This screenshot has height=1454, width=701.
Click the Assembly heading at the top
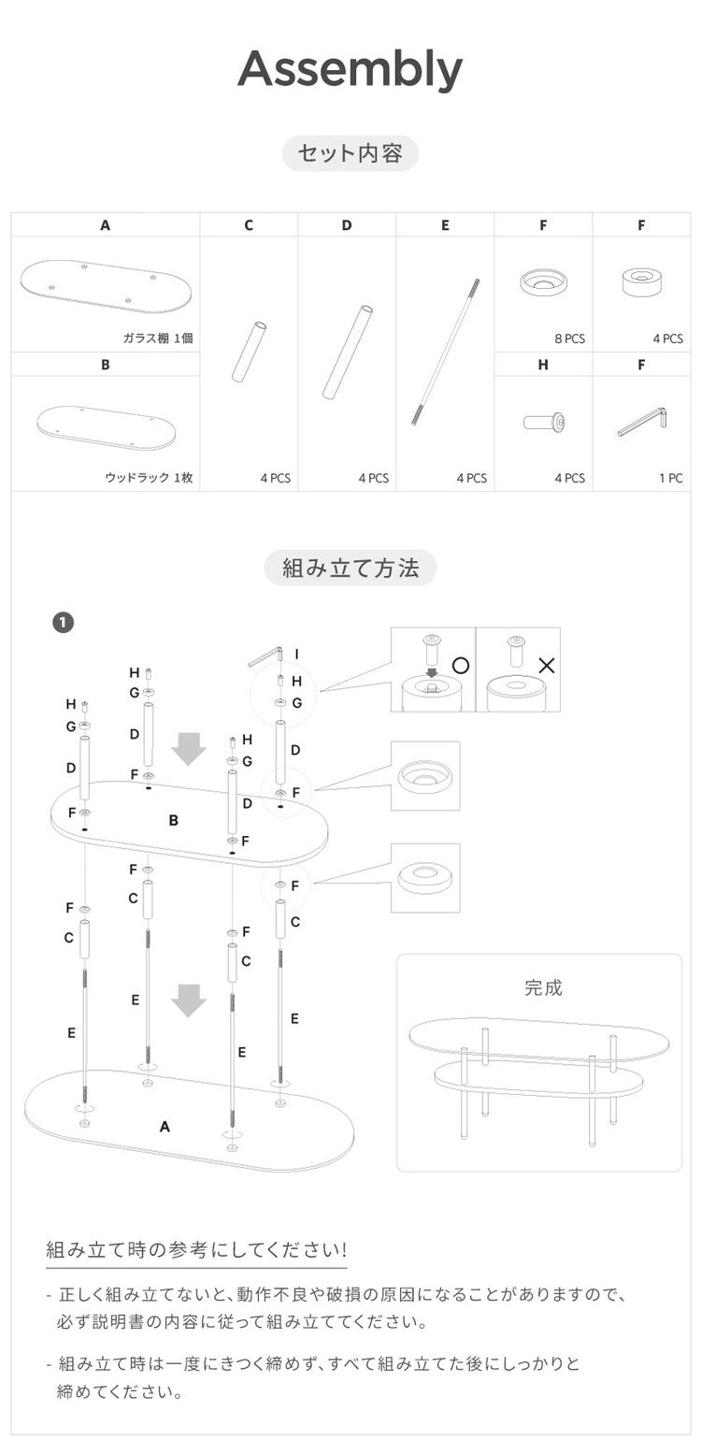pos(350,69)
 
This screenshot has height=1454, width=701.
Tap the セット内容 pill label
pos(350,153)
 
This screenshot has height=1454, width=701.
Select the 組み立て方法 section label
pos(350,568)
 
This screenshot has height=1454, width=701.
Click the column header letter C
pos(249,225)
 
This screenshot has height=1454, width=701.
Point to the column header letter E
pos(445,225)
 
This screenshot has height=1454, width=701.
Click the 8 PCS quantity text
pos(569,338)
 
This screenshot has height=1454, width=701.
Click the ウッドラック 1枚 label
pos(149,478)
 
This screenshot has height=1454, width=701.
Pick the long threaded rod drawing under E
pos(445,351)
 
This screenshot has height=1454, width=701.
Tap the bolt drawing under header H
pos(544,424)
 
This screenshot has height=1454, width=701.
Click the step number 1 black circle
pos(64,623)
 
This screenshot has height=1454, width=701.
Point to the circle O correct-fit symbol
pos(460,666)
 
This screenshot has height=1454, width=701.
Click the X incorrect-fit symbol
pos(548,666)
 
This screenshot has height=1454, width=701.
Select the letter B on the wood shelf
pos(173,820)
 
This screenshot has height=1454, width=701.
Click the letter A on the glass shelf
pos(165,1127)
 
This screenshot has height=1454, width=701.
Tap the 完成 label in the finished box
pos(543,987)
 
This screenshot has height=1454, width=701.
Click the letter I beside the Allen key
pos(296,655)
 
